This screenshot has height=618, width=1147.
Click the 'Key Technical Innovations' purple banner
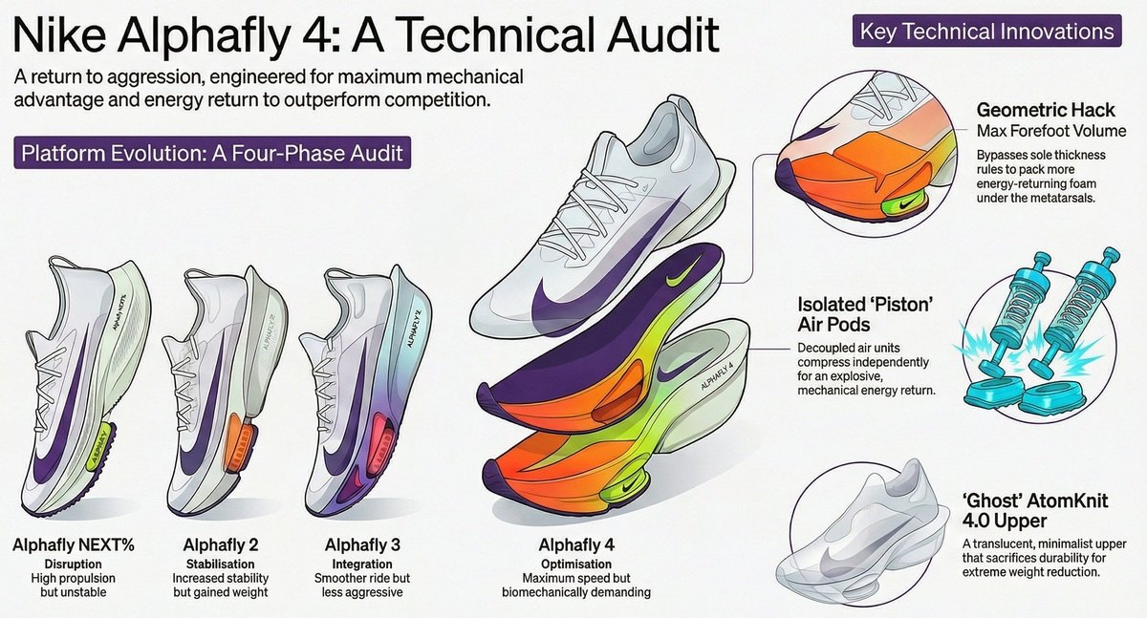coord(985,32)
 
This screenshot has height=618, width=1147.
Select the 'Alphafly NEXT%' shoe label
coord(74,545)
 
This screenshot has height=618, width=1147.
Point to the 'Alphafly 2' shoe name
coord(220,545)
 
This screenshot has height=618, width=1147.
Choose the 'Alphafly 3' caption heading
coord(357,545)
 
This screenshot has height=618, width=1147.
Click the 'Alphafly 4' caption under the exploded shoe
coord(576,545)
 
